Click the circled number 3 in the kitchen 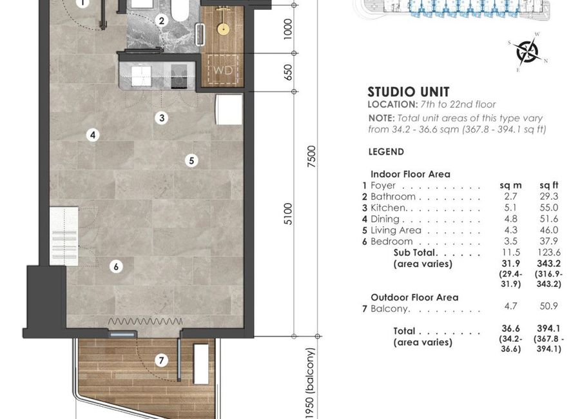coord(162,118)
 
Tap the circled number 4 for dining coord(93,135)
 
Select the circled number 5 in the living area coord(191,161)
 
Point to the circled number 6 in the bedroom coord(116,266)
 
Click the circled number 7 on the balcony coord(161,360)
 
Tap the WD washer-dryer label coord(223,70)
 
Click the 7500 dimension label coord(312,157)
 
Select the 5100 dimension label coord(288,213)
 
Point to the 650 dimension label coord(288,72)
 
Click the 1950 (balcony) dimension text coord(311,383)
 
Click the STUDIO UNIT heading coord(409,92)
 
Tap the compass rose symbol coord(527,52)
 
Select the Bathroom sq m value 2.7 coord(510,197)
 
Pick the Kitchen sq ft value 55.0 coord(549,208)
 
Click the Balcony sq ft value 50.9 coord(549,306)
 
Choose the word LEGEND coord(386,151)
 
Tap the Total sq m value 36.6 coord(511,328)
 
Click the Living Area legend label coord(396,230)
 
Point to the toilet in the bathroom coord(180,10)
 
